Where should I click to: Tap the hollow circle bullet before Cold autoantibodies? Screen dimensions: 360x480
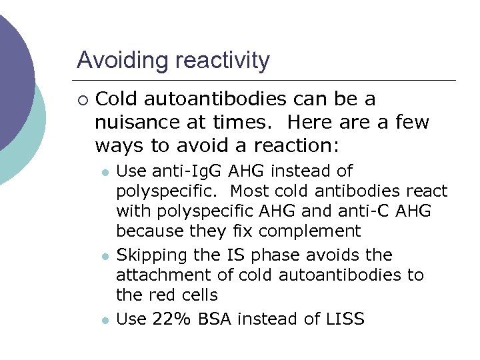(81, 100)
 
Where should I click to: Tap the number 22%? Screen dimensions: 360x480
(175, 319)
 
